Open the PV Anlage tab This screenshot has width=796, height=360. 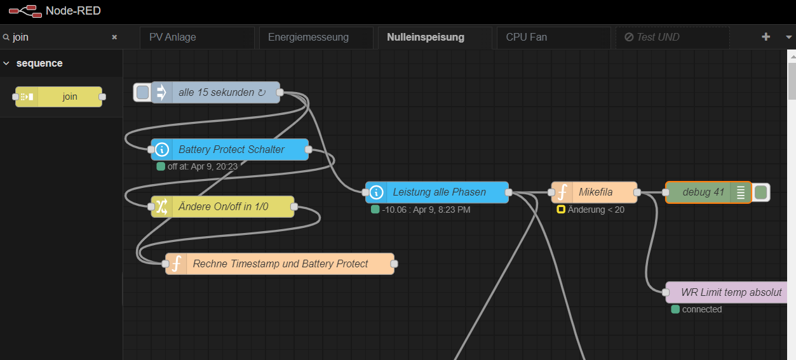point(173,37)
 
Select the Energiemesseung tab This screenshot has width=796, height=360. point(308,37)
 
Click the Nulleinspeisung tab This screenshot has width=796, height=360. point(425,37)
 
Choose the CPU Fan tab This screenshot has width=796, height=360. point(526,37)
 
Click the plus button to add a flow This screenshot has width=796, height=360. point(766,37)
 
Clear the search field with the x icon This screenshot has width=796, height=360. point(114,37)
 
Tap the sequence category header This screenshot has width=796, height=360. point(39,63)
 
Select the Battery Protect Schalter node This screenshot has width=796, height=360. point(231,150)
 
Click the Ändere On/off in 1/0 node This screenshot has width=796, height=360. point(223,207)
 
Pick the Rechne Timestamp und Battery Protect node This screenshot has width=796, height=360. point(280,264)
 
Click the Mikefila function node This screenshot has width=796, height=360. point(595,192)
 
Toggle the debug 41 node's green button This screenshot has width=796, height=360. point(761,192)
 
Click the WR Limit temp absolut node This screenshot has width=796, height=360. point(731,293)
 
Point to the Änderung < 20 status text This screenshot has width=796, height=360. point(596,210)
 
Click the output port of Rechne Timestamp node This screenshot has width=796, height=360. point(394,264)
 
